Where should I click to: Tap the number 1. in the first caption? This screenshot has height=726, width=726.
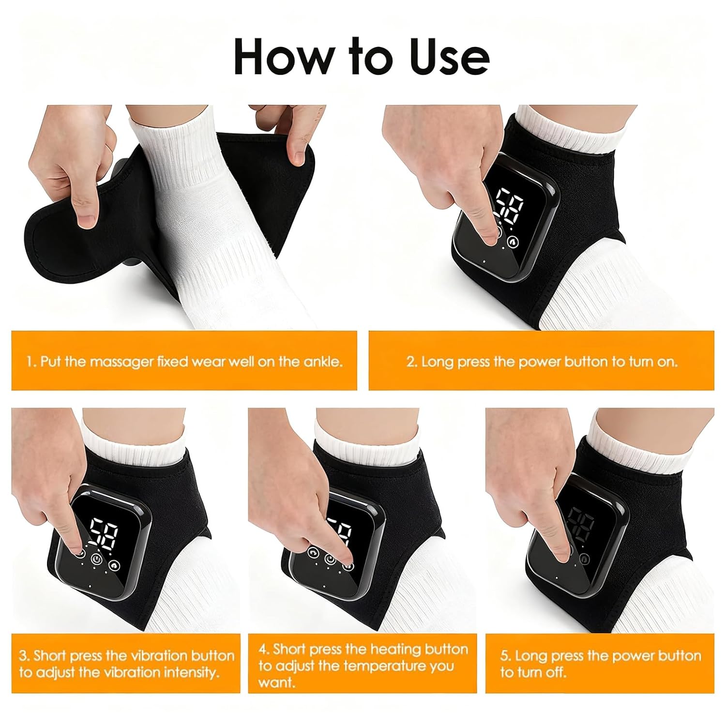(31, 362)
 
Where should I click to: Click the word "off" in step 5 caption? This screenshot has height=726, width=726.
(557, 672)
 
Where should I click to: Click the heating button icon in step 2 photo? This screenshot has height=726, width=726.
(512, 241)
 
